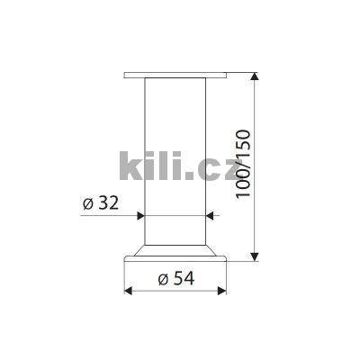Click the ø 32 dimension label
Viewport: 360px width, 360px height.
point(101,203)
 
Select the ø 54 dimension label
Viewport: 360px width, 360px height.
point(176,279)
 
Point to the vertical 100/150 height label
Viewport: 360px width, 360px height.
point(246,165)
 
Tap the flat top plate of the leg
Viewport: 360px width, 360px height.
point(176,74)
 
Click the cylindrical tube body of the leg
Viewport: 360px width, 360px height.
point(176,135)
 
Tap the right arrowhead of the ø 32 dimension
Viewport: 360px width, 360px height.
point(212,216)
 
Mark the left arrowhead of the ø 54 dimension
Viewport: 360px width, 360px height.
point(128,291)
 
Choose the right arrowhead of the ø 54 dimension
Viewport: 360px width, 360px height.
point(224,291)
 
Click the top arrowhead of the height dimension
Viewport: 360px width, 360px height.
point(259,76)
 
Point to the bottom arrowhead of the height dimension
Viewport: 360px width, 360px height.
point(259,259)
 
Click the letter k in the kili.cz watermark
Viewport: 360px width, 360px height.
point(131,166)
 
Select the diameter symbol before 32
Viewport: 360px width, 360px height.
point(88,203)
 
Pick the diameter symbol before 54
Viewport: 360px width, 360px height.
point(163,279)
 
